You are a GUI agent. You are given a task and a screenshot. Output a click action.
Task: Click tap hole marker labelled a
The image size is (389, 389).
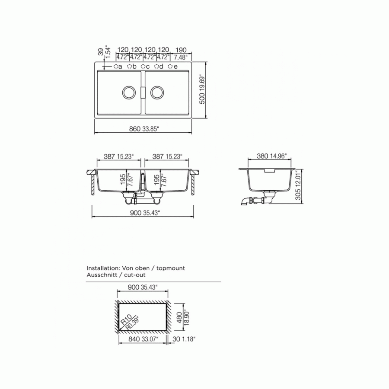tap(116, 66)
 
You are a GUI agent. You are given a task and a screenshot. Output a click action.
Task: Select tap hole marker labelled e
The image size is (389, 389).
tap(170, 66)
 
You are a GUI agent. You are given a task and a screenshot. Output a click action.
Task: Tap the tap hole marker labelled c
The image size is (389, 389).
tap(143, 66)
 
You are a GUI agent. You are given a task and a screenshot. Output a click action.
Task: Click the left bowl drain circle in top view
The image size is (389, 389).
tap(129, 92)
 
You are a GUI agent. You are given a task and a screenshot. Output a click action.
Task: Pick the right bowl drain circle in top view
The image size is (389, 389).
tap(157, 92)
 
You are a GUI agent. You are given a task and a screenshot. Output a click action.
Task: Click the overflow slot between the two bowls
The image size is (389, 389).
tap(143, 93)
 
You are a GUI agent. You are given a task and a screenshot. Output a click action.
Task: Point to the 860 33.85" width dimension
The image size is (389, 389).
tap(144, 129)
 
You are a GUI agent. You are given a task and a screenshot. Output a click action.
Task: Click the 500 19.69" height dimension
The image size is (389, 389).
tap(202, 89)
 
